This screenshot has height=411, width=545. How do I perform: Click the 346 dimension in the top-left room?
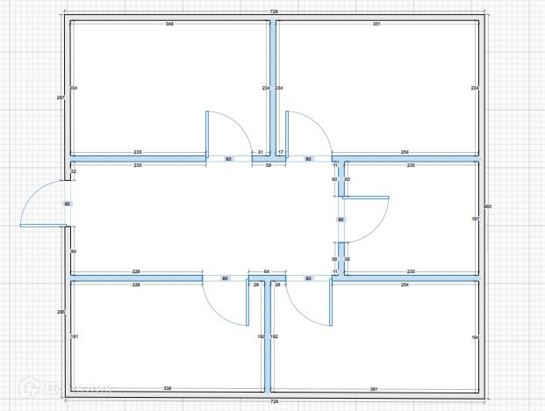coord(169,25)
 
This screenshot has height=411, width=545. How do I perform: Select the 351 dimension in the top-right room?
coord(376,25)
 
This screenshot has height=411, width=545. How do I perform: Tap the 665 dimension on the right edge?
coord(488,206)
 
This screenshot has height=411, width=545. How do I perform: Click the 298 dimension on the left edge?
coord(61,312)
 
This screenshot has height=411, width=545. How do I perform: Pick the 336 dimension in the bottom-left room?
coord(167,387)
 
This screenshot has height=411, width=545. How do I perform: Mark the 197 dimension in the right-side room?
coord(475,218)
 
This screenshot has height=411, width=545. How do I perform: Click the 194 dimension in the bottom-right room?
coord(475,337)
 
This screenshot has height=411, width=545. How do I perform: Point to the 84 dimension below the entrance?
coord(74,252)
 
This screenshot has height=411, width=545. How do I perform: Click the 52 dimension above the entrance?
coord(74,170)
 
